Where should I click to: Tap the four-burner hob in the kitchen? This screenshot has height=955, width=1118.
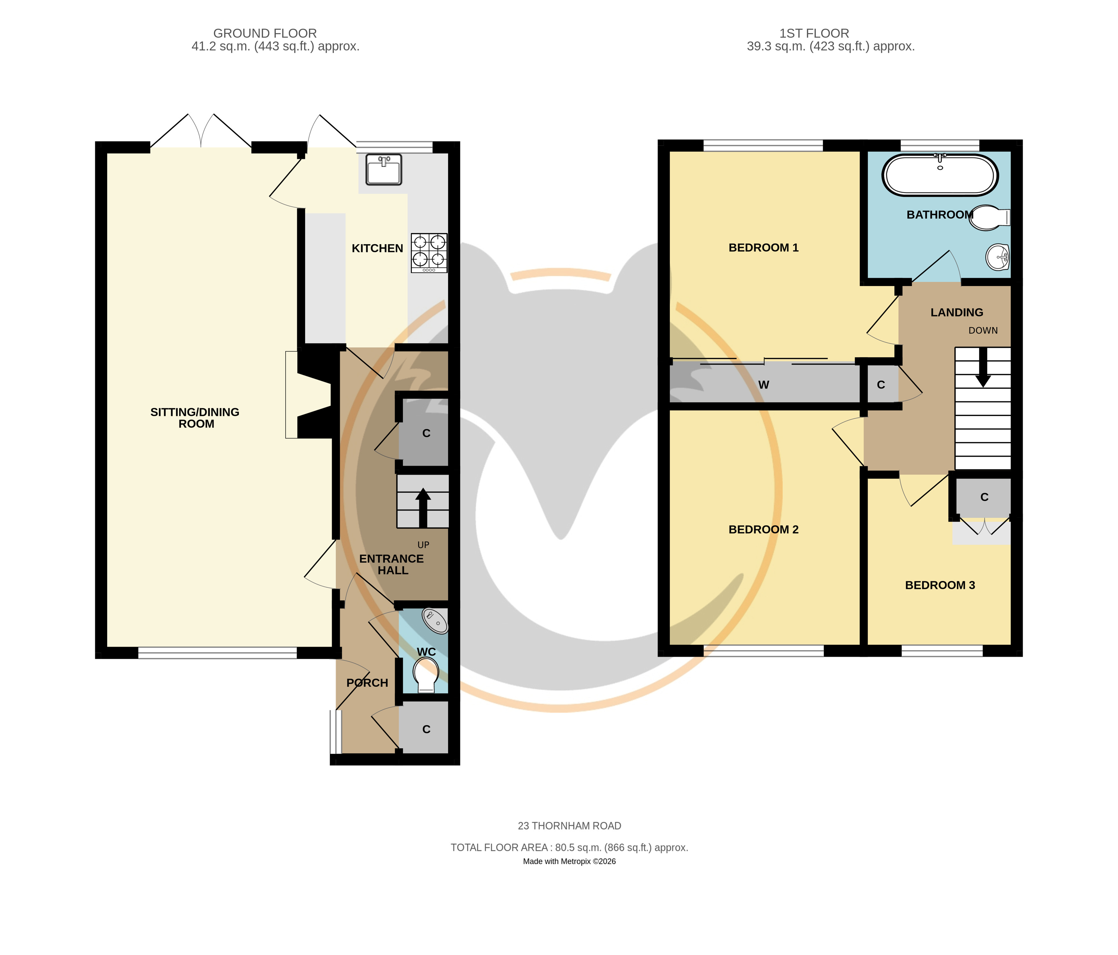429,253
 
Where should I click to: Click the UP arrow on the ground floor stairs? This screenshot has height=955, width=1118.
423,508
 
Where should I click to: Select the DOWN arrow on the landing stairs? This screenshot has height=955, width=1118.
983,367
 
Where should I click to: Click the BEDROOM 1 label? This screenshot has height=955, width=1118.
764,248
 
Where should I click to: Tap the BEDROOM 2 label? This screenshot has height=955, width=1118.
764,529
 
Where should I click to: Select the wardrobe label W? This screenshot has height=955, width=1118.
764,385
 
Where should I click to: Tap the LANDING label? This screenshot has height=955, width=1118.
957,312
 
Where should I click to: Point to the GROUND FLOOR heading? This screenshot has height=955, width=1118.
265,33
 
